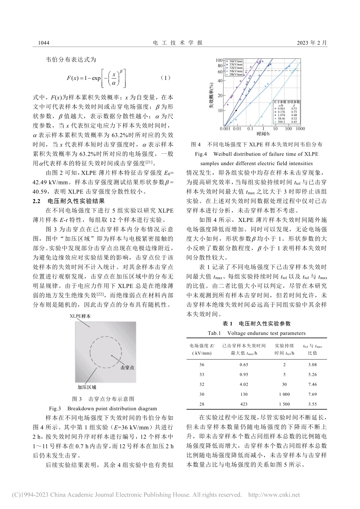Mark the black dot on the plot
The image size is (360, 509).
pos(236,111)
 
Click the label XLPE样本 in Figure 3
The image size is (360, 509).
pos(80,316)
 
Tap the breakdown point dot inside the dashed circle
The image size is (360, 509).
pos(112,356)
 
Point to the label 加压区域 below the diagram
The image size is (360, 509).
pos(87,387)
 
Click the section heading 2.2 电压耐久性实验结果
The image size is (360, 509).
pos(69,201)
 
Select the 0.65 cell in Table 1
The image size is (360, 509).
pos(244,364)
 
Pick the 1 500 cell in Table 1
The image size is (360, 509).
pos(284,404)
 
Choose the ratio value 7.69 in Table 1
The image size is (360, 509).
pos(312,394)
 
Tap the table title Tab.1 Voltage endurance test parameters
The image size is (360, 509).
pos(257,333)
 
